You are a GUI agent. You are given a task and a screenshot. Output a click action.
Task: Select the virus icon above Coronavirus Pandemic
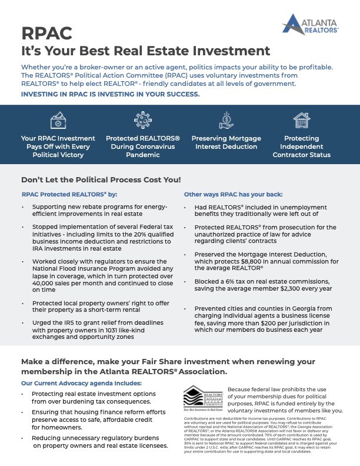tap(143, 121)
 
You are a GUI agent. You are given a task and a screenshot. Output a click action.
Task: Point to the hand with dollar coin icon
tap(226, 121)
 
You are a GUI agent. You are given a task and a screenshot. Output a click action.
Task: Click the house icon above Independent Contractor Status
tap(301, 121)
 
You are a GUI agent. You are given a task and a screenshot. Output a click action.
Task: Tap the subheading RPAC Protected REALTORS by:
tap(69, 194)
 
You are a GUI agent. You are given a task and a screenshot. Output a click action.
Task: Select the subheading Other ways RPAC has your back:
tap(233, 194)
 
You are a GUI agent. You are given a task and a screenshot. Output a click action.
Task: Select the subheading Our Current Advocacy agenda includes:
tap(82, 382)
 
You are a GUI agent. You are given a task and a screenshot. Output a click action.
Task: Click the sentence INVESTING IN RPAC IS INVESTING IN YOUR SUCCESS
tap(110, 94)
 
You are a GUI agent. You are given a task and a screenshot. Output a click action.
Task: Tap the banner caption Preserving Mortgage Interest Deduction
tap(226, 142)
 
